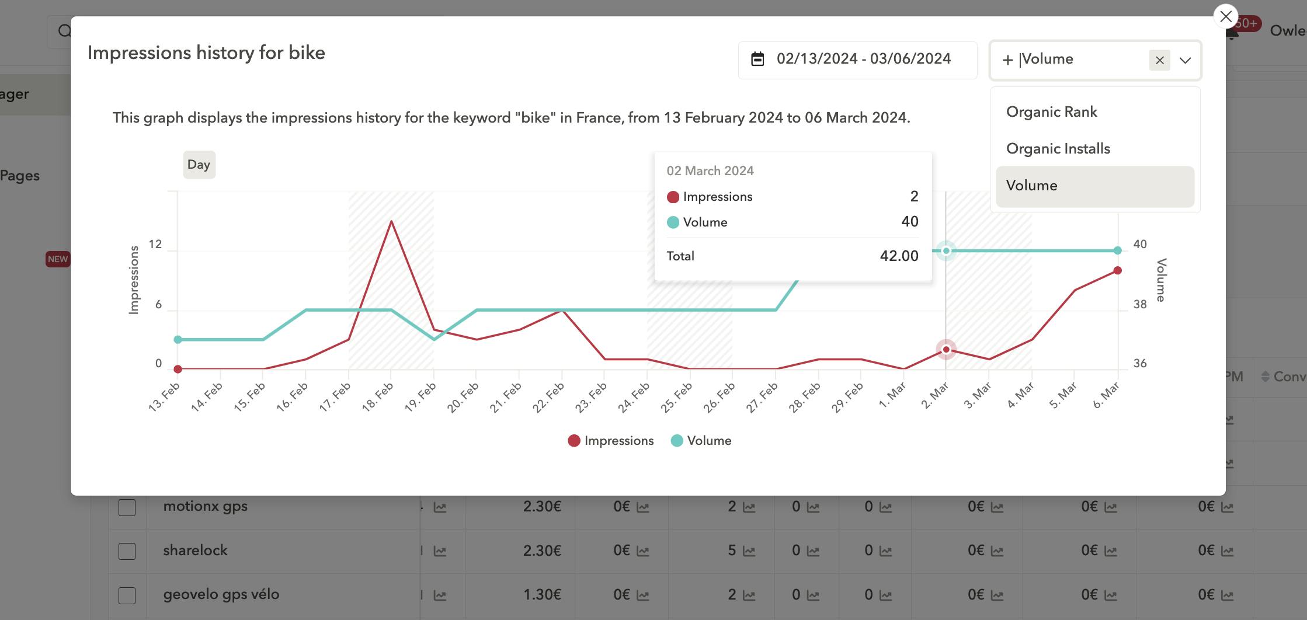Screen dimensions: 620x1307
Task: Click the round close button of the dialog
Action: [1225, 16]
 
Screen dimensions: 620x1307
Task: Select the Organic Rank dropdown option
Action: [1051, 112]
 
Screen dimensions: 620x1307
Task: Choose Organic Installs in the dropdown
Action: [1058, 149]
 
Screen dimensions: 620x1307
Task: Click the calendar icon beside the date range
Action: [757, 59]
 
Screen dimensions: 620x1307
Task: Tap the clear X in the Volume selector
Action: [1159, 60]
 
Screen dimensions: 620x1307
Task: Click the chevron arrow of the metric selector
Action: [1185, 60]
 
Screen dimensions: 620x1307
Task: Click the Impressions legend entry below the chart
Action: [611, 441]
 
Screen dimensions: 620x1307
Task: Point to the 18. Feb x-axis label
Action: [378, 397]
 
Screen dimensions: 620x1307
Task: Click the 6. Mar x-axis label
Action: [1106, 395]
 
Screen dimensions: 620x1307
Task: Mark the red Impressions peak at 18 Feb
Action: [391, 221]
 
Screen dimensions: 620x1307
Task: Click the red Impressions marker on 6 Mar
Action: [1117, 270]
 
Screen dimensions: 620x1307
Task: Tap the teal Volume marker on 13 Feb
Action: [178, 340]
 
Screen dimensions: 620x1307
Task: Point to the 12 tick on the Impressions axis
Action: [155, 245]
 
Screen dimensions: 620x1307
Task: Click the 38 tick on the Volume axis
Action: [1140, 304]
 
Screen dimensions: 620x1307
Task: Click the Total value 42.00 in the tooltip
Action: [899, 256]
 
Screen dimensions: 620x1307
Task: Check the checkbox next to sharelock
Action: [127, 551]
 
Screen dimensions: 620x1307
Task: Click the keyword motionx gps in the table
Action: [206, 506]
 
